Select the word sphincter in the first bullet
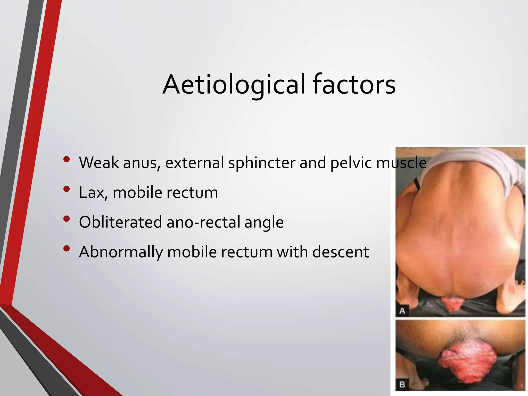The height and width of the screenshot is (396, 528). (262, 163)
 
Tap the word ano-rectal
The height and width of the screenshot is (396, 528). (203, 222)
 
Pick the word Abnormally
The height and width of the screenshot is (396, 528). (121, 252)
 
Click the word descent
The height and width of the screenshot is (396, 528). (341, 252)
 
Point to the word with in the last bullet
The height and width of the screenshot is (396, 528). (292, 252)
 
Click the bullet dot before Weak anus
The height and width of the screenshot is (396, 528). (66, 159)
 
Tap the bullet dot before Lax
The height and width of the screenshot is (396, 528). (66, 189)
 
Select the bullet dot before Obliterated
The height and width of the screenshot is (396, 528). (66, 219)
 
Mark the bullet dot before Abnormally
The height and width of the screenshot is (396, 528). (66, 249)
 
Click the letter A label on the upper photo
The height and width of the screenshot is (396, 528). (402, 311)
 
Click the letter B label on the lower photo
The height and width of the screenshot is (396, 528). (402, 385)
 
